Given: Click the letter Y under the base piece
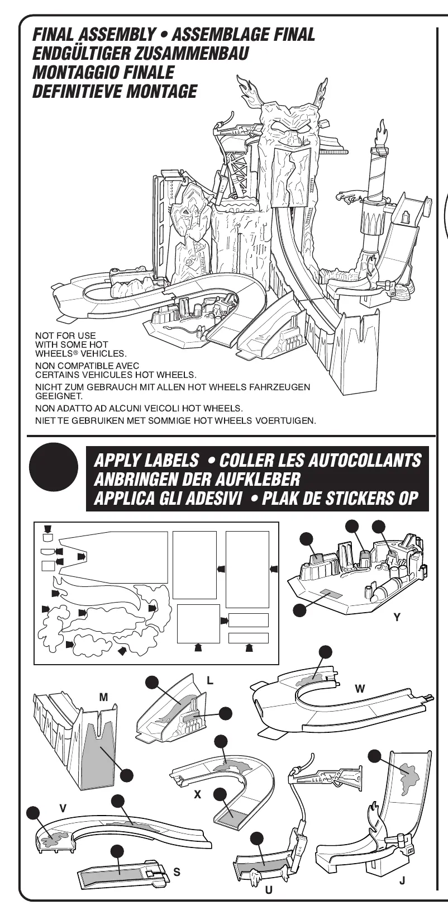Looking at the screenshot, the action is click(397, 617).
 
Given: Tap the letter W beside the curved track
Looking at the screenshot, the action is click(360, 689).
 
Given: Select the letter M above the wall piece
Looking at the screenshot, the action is click(103, 697).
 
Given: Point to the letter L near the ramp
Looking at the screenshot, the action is click(210, 681).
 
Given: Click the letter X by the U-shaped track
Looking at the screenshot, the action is click(197, 794).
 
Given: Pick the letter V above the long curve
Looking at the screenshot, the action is click(63, 808).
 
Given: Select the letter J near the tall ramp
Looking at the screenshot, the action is click(402, 881).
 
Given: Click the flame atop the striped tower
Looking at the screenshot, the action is click(382, 131).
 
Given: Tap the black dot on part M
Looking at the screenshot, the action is click(126, 775).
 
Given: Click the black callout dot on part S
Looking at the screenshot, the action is click(117, 851).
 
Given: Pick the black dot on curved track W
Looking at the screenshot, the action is click(325, 652).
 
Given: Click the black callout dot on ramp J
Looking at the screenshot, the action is click(375, 756).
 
